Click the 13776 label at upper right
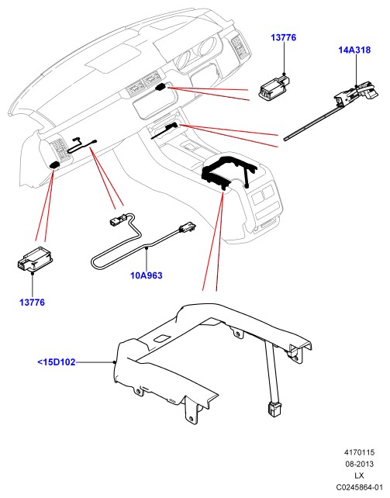283,37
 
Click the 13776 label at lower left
32,303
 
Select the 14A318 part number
354,50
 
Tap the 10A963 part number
147,275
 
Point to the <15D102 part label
57,362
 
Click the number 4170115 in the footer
360,452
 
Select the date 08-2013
360,464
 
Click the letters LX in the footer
360,476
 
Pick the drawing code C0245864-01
360,487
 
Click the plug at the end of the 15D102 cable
274,410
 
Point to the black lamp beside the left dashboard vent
55,164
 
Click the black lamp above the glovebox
161,87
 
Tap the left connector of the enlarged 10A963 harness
116,220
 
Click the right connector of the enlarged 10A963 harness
188,227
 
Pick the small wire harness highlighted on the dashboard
82,145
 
